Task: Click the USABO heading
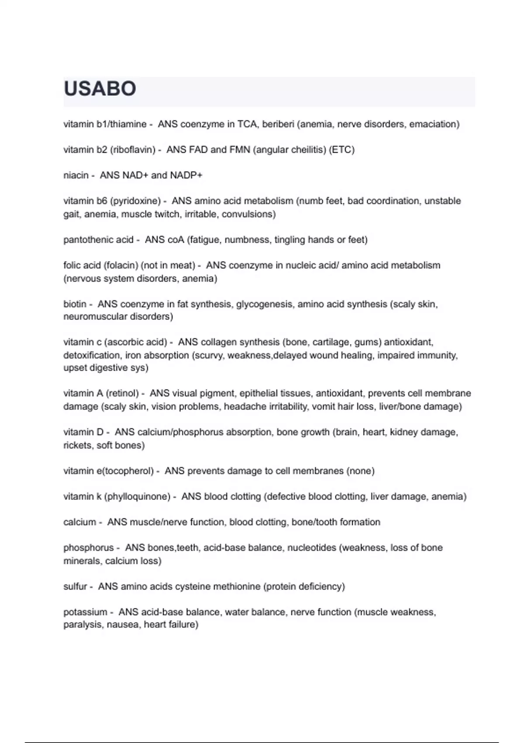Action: (100, 89)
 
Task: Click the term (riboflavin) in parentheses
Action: (133, 149)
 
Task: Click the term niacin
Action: (76, 175)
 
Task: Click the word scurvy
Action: (208, 355)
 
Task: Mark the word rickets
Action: (77, 445)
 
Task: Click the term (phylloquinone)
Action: (137, 496)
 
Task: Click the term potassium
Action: (85, 612)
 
